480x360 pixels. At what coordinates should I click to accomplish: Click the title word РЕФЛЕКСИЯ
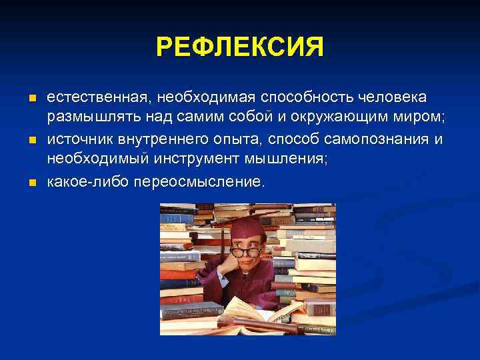(x=240, y=48)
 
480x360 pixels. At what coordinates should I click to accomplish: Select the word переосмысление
(x=199, y=182)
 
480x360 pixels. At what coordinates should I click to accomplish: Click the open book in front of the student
(x=263, y=313)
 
